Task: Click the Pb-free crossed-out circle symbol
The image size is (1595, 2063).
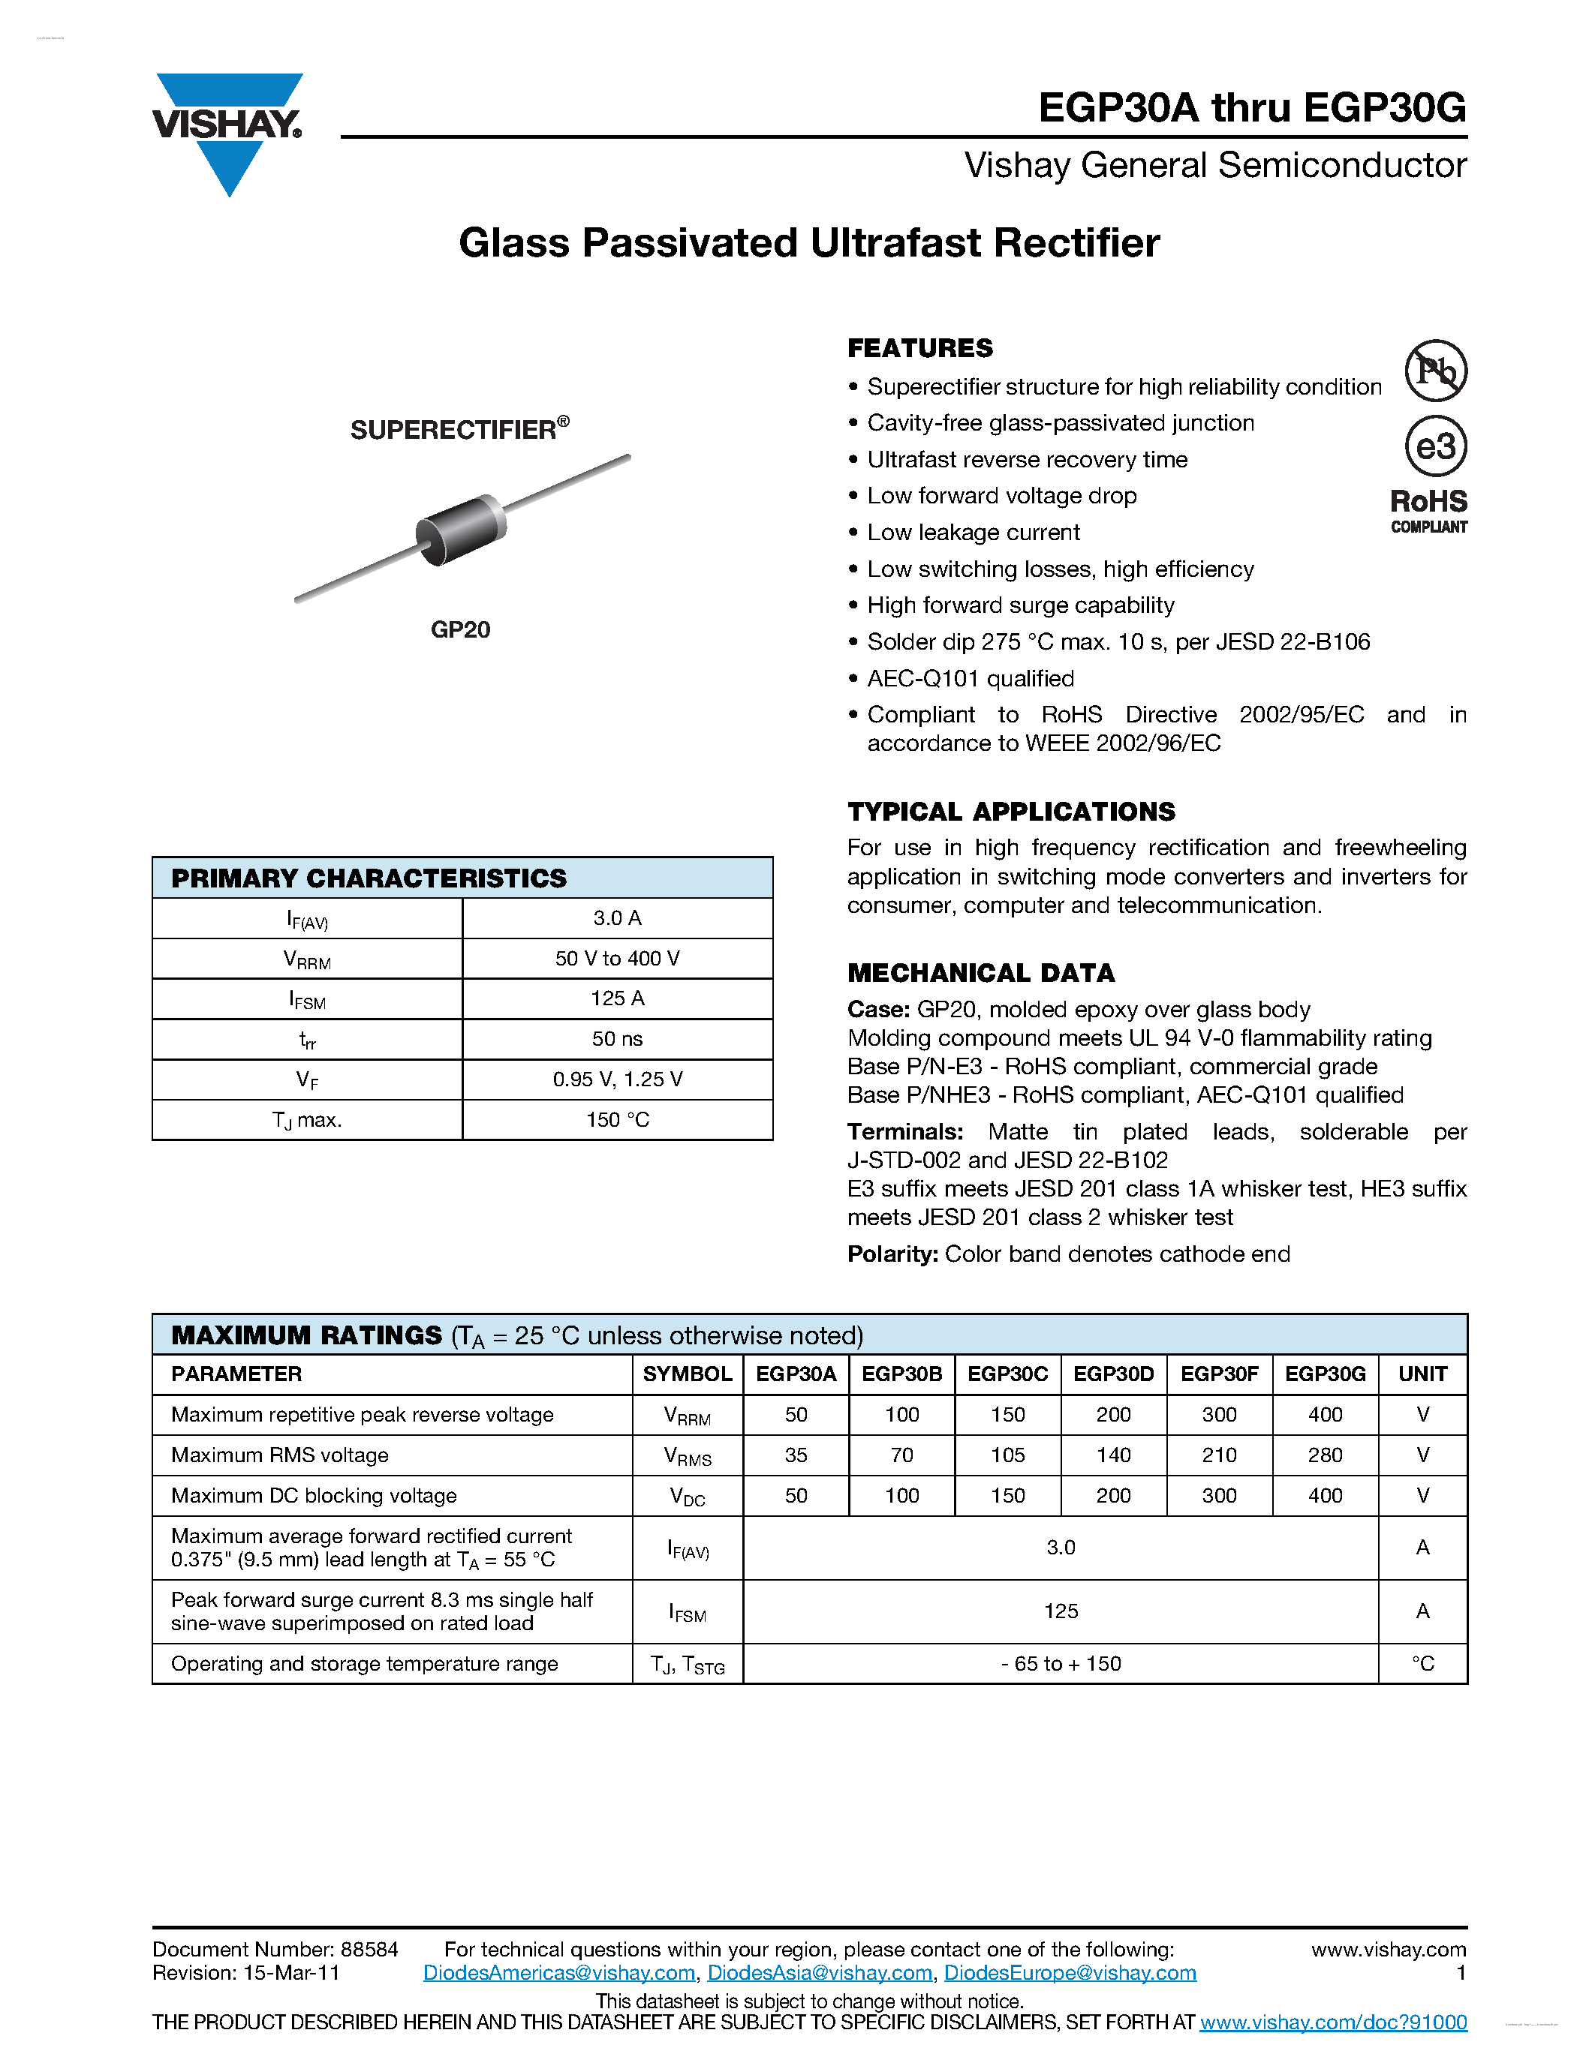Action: [1434, 371]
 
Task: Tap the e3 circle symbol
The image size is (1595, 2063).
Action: [1434, 446]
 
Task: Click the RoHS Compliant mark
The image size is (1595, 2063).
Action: [1428, 511]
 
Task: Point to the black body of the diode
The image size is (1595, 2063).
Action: [460, 530]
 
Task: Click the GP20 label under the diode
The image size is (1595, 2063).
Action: [460, 630]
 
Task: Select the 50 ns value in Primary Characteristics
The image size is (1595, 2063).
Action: [617, 1039]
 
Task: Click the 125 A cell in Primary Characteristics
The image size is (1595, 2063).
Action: [617, 998]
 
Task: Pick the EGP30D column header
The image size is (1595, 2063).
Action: [1113, 1374]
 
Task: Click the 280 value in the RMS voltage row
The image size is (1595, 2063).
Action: [1325, 1455]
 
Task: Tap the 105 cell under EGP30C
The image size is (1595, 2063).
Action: [1007, 1455]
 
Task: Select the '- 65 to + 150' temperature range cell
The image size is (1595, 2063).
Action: [1060, 1665]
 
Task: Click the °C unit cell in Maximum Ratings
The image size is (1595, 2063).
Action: [1422, 1665]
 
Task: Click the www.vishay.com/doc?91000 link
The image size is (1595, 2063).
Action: [1332, 2022]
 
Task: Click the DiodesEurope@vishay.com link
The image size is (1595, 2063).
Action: [1070, 1973]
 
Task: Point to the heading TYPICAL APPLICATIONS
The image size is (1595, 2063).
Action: [1010, 812]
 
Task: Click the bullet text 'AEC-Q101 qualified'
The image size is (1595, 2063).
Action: [970, 679]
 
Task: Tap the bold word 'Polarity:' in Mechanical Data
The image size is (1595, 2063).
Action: [892, 1254]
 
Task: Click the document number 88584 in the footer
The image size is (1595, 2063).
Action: [369, 1950]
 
